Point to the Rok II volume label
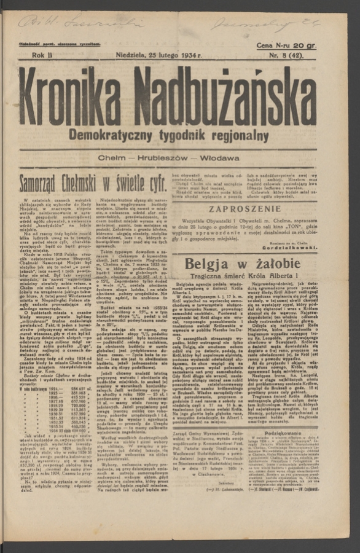42,56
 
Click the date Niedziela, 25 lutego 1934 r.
159,56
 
